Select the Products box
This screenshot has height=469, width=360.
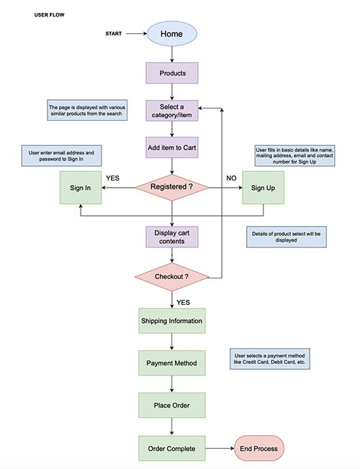click(x=171, y=73)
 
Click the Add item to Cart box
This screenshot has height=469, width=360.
click(x=171, y=149)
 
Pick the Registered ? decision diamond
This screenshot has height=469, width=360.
click(x=171, y=187)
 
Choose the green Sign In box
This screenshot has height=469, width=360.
click(x=80, y=188)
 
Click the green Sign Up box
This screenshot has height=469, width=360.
click(x=262, y=188)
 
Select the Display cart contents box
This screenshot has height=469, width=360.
click(x=171, y=237)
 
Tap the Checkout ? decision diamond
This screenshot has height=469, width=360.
click(x=171, y=276)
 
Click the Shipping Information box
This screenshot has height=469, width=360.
click(x=171, y=321)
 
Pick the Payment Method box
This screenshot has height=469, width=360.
click(x=171, y=363)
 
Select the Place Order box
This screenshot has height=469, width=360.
click(x=171, y=404)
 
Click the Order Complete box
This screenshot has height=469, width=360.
click(x=171, y=448)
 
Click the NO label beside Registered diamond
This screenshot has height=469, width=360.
click(x=231, y=176)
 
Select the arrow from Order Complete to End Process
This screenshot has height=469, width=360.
click(x=220, y=448)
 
